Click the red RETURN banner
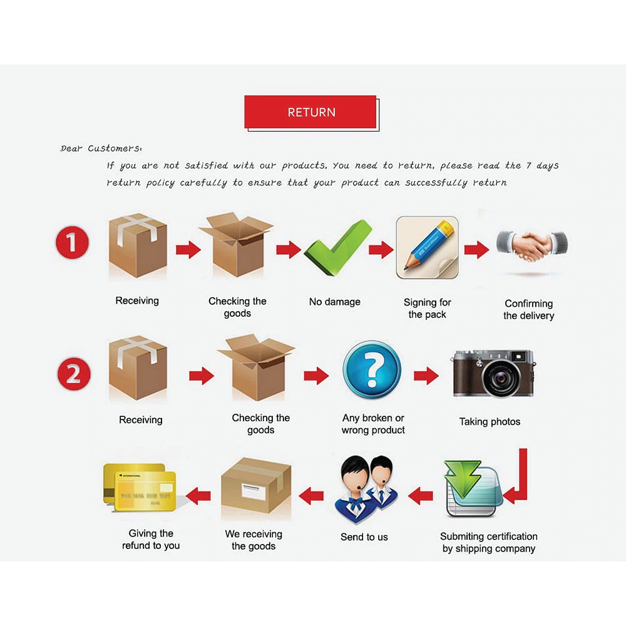310,112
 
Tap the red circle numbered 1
72,243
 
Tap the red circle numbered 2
74,374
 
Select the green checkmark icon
338,247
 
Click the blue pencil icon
427,247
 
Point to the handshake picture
531,245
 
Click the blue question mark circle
372,369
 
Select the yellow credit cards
140,487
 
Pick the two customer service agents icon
366,489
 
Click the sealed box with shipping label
256,486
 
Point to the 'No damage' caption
334,302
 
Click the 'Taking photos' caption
490,421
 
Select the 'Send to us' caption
364,537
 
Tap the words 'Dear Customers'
100,148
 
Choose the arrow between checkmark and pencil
381,250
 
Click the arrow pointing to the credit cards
198,496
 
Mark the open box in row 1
237,244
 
